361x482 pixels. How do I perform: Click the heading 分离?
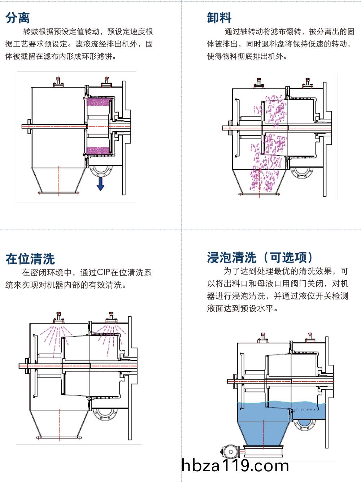tap(18, 17)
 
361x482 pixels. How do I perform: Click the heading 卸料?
tap(219, 17)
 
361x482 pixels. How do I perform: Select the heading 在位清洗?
tap(30, 259)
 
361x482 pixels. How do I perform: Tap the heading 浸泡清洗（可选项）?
tap(260, 257)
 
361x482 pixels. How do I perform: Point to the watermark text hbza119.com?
tap(236, 466)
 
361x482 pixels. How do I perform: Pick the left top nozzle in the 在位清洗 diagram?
tap(57, 318)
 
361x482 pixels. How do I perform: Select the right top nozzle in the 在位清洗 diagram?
tap(110, 318)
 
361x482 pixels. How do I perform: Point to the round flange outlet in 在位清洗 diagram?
tap(104, 413)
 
